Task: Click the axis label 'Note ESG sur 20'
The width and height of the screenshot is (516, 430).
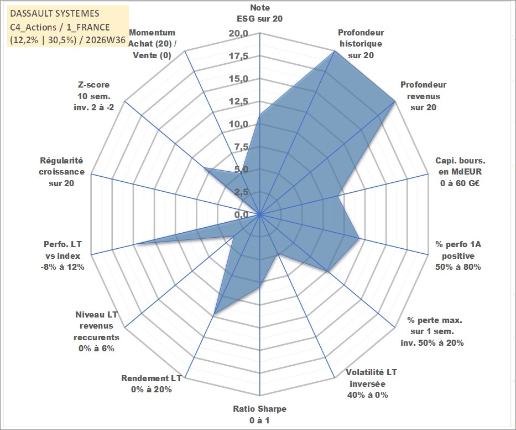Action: pyautogui.click(x=259, y=13)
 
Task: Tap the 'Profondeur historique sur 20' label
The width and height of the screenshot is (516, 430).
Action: pyautogui.click(x=361, y=44)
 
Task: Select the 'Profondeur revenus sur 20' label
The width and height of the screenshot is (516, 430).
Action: pyautogui.click(x=423, y=96)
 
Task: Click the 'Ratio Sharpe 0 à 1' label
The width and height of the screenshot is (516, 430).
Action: pyautogui.click(x=259, y=414)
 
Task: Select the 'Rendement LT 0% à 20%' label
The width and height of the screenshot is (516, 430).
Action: pyautogui.click(x=152, y=384)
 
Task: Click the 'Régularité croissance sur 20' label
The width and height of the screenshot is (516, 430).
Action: pyautogui.click(x=61, y=172)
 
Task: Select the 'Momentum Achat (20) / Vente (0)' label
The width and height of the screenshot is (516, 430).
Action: pyautogui.click(x=152, y=44)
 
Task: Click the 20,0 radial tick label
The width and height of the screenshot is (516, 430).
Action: pyautogui.click(x=238, y=34)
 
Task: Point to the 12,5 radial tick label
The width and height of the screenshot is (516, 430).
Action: pyautogui.click(x=238, y=101)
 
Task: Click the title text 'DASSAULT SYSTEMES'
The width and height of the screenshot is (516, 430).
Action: pyautogui.click(x=55, y=13)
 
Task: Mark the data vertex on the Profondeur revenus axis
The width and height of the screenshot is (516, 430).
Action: pyautogui.click(x=394, y=102)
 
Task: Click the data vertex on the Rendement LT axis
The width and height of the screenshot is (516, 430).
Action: pyautogui.click(x=214, y=314)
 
